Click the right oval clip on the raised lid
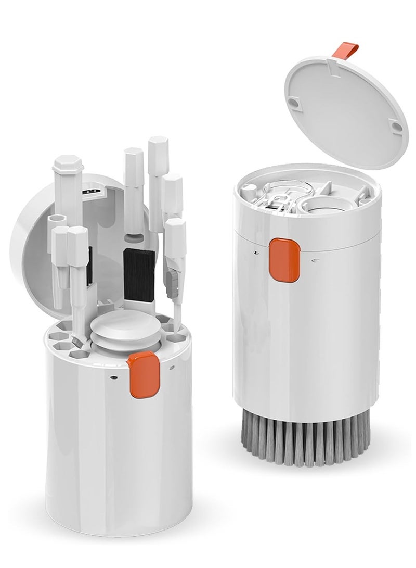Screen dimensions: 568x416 [396, 125]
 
